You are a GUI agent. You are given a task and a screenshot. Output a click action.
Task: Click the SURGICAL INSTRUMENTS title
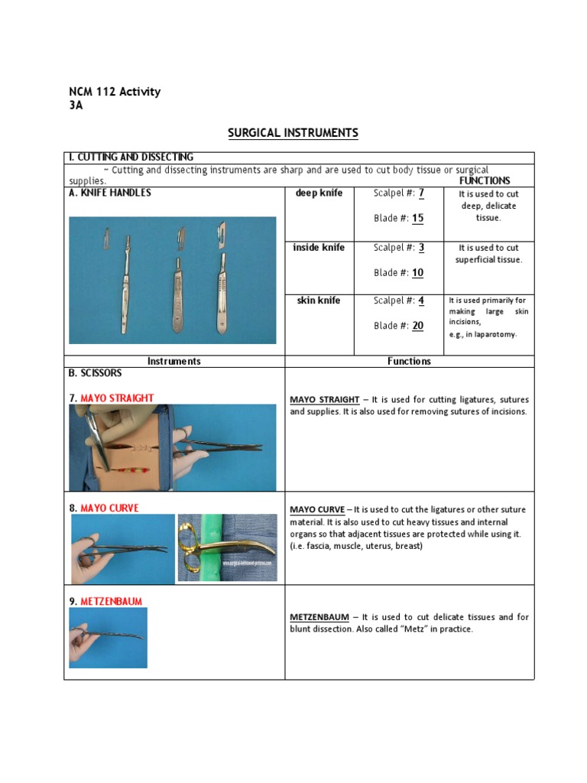(293, 133)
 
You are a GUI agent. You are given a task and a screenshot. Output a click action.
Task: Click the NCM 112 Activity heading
(115, 92)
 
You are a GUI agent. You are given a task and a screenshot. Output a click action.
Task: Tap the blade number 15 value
(417, 218)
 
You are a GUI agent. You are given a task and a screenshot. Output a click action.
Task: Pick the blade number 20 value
(417, 326)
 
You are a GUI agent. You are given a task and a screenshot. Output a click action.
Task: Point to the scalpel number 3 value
(420, 248)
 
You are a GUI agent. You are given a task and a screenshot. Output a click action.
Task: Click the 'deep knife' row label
(319, 193)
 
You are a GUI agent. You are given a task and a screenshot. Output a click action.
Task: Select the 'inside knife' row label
(319, 248)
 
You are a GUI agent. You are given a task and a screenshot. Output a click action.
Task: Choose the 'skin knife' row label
(319, 301)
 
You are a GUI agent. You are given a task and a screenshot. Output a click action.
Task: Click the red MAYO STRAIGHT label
(117, 398)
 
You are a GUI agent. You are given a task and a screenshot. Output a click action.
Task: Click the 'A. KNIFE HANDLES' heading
(110, 193)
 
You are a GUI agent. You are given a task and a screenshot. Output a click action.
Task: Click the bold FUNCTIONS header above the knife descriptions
(485, 181)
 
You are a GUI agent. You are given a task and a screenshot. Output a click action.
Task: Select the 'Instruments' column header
(174, 361)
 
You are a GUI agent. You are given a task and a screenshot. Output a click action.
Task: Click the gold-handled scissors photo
(227, 547)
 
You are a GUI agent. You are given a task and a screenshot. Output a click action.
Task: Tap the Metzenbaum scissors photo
(108, 638)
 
